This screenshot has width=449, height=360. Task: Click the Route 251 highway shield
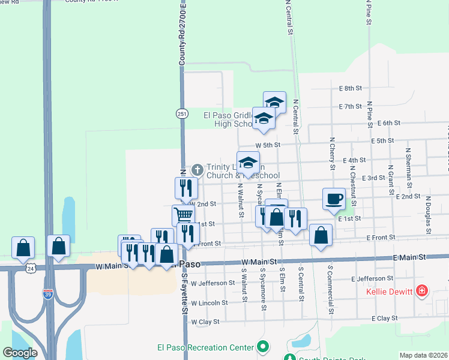click(x=181, y=113)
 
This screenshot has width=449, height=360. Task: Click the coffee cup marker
click(x=334, y=199)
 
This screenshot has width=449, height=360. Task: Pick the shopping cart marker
click(x=184, y=215)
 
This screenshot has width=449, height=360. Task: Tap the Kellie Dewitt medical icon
click(x=423, y=292)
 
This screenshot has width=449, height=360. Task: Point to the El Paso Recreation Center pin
click(x=262, y=347)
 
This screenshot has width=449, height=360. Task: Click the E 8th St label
click(x=351, y=88)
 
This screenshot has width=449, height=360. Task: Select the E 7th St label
click(x=351, y=106)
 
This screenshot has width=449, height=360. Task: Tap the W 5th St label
click(x=268, y=145)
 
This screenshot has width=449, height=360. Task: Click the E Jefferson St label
click(x=373, y=278)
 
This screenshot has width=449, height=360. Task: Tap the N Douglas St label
click(x=429, y=214)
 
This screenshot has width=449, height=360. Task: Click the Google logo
click(x=20, y=353)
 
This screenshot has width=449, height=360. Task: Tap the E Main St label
click(x=409, y=257)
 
